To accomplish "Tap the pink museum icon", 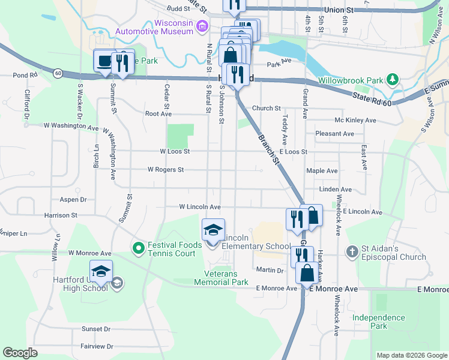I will point(203,25).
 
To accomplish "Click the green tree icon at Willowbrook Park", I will point(393,79).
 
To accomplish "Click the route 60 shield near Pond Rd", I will point(58,73).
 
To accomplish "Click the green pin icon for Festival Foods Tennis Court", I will point(137,247).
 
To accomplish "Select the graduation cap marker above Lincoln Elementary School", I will point(213,230).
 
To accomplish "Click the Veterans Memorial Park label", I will point(221,278).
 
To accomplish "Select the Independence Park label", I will point(378,322).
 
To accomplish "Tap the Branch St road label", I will point(269,149).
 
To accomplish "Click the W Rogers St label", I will point(166,170).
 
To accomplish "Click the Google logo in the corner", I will point(20,353).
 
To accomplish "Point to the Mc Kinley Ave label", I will point(355,120).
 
